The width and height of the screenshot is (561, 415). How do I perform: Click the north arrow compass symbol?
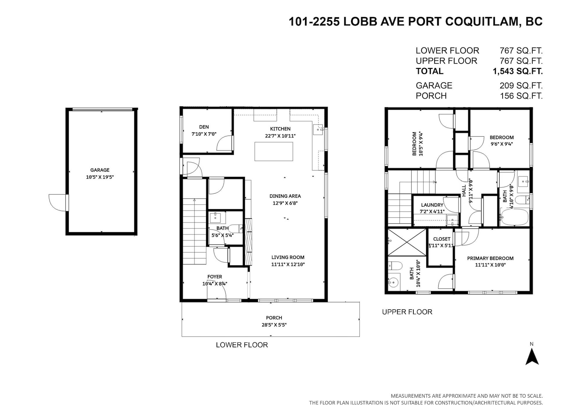pos(532,357)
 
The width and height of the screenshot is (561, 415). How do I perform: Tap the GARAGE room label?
pos(100,170)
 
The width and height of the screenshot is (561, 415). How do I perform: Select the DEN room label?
pos(204,127)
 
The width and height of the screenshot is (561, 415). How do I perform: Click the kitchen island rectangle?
pos(274,151)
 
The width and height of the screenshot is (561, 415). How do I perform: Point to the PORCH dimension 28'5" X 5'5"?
pos(274,325)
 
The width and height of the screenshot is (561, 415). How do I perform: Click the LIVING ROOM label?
pos(288,257)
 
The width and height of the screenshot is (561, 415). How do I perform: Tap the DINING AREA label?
pos(285,196)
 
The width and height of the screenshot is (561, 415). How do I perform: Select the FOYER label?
pos(214,277)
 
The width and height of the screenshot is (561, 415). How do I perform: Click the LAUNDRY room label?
pos(432,205)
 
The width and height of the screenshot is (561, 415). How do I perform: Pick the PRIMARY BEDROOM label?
pos(490,258)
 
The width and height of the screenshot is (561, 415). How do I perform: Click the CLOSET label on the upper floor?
pos(442,239)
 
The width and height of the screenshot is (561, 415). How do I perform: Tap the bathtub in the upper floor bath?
pos(515,218)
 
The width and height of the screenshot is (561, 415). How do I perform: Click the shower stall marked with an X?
pos(407,242)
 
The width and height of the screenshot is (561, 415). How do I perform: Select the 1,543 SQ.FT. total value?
pos(518,71)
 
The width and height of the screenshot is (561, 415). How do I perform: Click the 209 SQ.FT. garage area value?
pos(521,86)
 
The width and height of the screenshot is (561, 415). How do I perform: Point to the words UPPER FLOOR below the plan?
pos(407,312)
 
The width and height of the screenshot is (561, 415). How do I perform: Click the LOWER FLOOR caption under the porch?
pos(242,345)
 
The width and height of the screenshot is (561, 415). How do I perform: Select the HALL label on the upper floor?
pos(464,191)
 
